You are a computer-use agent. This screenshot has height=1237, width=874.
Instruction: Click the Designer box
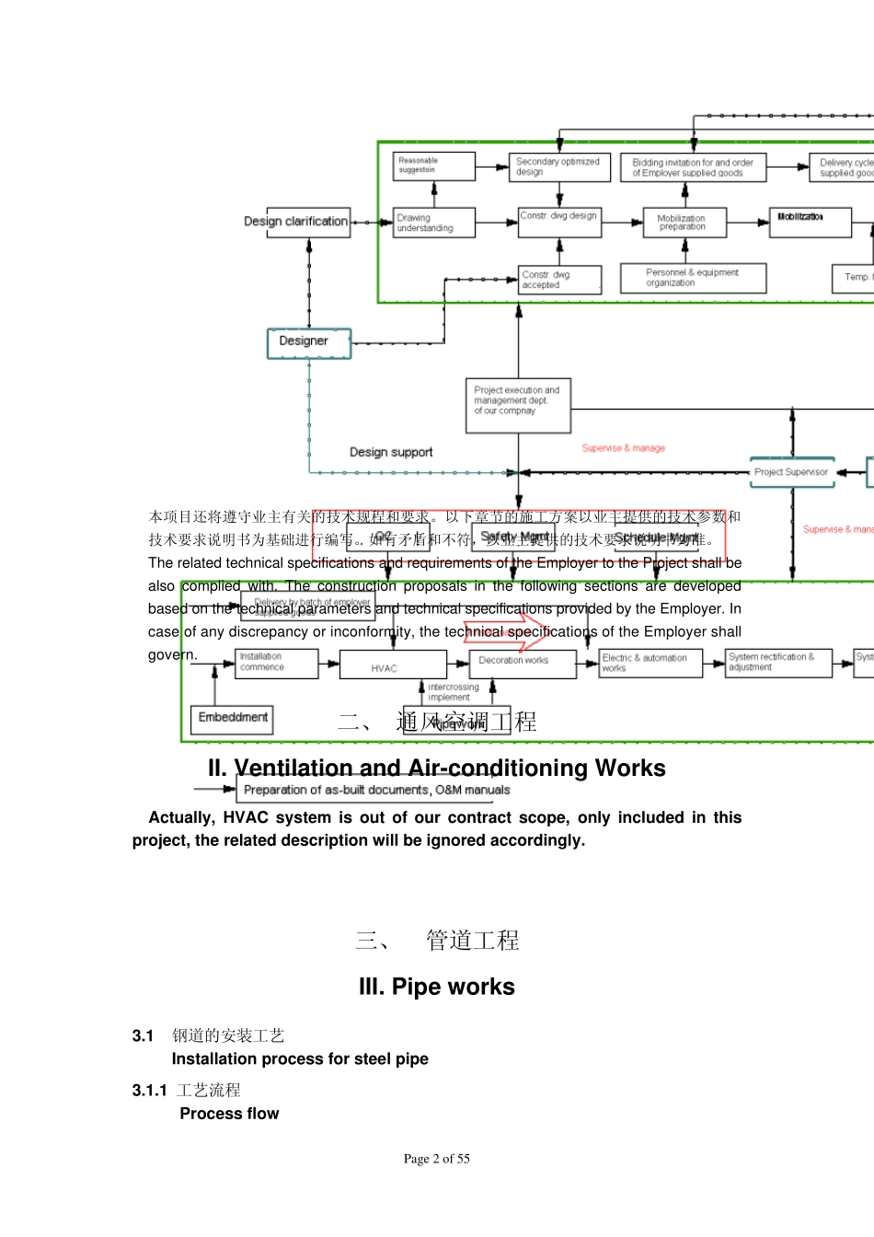pos(309,342)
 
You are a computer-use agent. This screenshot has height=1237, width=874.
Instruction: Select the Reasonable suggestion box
pos(433,167)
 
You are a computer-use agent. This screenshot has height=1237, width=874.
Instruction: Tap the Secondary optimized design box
pos(558,167)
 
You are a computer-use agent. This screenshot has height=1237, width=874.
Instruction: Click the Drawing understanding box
pos(433,223)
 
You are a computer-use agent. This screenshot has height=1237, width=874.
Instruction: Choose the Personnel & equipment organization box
pos(693,278)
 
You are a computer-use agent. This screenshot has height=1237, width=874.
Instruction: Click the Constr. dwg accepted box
pos(559,280)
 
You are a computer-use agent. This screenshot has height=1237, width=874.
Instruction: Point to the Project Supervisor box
pos(791,472)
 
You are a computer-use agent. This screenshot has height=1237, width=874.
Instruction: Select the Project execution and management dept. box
pos(518,404)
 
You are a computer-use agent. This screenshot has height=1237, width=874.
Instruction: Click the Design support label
pos(391,452)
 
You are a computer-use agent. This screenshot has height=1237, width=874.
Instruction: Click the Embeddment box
pos(232,718)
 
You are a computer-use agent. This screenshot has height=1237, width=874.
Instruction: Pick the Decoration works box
pos(522,663)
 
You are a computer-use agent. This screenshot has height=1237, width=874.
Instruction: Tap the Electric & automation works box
pos(650,663)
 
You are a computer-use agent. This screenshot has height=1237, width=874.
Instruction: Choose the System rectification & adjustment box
pos(779,663)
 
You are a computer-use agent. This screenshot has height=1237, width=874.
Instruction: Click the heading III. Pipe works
pos(437,987)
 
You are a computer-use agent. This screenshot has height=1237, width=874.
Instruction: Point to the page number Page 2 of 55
pos(437,1159)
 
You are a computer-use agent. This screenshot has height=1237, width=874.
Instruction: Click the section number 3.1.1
pos(149,1091)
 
